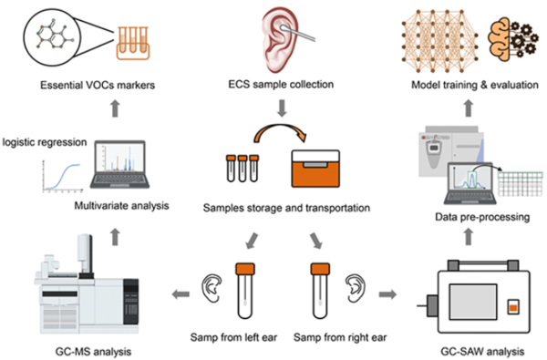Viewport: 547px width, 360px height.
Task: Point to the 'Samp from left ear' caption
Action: [233, 336]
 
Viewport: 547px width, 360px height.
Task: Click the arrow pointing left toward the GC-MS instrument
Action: [181, 294]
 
